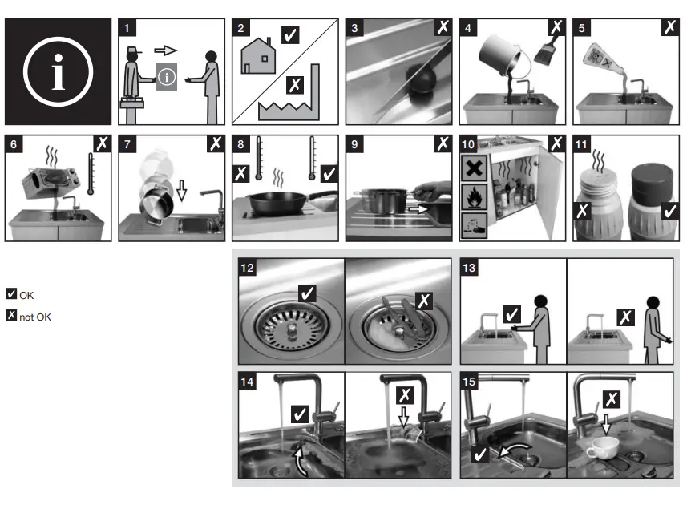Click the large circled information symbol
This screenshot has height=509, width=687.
click(x=58, y=71)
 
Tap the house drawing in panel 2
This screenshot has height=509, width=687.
click(x=258, y=56)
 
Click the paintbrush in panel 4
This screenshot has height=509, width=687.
click(x=546, y=51)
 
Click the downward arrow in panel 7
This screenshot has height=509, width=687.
click(x=181, y=190)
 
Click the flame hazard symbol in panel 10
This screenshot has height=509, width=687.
click(x=474, y=196)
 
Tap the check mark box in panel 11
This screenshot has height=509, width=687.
click(x=669, y=211)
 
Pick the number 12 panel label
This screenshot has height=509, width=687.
click(x=247, y=268)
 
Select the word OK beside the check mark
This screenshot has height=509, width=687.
click(x=26, y=296)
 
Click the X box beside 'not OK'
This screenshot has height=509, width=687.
click(x=11, y=315)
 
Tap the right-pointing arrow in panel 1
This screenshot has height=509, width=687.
click(x=166, y=50)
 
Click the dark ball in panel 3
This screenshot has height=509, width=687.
click(x=421, y=79)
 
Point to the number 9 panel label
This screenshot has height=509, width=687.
click(x=354, y=144)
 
